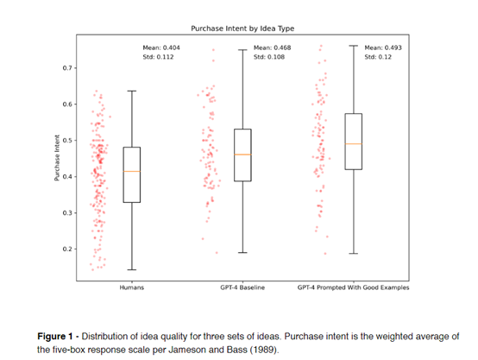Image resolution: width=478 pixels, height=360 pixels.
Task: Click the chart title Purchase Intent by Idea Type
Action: (242, 28)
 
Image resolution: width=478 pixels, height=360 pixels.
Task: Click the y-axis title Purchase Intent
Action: (57, 158)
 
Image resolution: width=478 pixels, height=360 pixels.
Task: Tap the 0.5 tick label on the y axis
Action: (67, 141)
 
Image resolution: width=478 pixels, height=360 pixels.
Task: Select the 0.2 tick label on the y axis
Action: (67, 249)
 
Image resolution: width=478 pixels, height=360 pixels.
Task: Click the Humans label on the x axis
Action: (132, 287)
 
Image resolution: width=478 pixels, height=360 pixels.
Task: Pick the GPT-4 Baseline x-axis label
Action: (242, 287)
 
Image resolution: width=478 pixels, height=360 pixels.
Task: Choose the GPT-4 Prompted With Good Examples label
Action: (353, 287)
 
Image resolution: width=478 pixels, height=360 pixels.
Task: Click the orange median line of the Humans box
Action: (132, 172)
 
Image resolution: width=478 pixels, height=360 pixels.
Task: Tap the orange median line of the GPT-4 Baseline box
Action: (242, 155)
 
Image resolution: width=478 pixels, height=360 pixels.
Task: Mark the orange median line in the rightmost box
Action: (354, 143)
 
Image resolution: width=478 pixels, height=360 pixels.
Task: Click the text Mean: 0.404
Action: (161, 47)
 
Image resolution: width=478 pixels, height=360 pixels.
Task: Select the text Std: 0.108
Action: (269, 57)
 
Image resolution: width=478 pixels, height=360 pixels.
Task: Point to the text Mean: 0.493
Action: (383, 47)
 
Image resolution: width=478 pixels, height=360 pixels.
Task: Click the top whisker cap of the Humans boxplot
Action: (132, 91)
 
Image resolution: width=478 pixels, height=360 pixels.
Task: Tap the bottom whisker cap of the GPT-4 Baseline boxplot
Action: (242, 253)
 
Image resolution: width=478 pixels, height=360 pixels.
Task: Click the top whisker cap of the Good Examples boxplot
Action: (354, 46)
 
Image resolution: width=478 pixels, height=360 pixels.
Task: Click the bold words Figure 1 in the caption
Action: (55, 336)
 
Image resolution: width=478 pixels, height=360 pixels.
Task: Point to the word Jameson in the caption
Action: (184, 350)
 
